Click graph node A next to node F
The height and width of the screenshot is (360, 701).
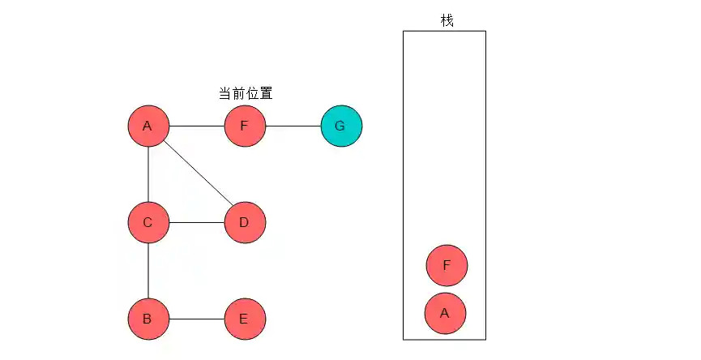pyautogui.click(x=148, y=126)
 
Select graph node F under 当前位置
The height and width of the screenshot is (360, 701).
pyautogui.click(x=245, y=126)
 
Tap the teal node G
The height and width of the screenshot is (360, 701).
pyautogui.click(x=341, y=126)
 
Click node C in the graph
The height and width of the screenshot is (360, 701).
pyautogui.click(x=148, y=222)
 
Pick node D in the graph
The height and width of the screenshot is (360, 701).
pyautogui.click(x=245, y=222)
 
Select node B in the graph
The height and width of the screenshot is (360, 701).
pyautogui.click(x=148, y=319)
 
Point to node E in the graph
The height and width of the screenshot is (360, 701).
pyautogui.click(x=245, y=319)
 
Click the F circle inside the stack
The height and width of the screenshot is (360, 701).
pyautogui.click(x=447, y=265)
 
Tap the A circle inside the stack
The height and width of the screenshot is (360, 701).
pyautogui.click(x=445, y=313)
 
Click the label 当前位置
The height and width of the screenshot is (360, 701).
pyautogui.click(x=246, y=94)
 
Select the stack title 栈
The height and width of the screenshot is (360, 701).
pyautogui.click(x=447, y=20)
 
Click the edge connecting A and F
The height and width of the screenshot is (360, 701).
pyautogui.click(x=196, y=126)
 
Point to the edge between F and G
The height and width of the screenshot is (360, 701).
pyautogui.click(x=293, y=126)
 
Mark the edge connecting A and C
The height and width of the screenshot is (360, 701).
pyautogui.click(x=148, y=174)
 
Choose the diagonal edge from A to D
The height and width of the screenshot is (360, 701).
pyautogui.click(x=196, y=174)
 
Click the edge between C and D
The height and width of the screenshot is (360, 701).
pyautogui.click(x=196, y=222)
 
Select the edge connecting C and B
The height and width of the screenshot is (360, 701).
pyautogui.click(x=148, y=270)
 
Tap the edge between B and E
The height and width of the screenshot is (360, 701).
pyautogui.click(x=196, y=319)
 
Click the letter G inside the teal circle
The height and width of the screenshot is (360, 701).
pyautogui.click(x=340, y=126)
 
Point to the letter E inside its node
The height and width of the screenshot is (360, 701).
pyautogui.click(x=244, y=319)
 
